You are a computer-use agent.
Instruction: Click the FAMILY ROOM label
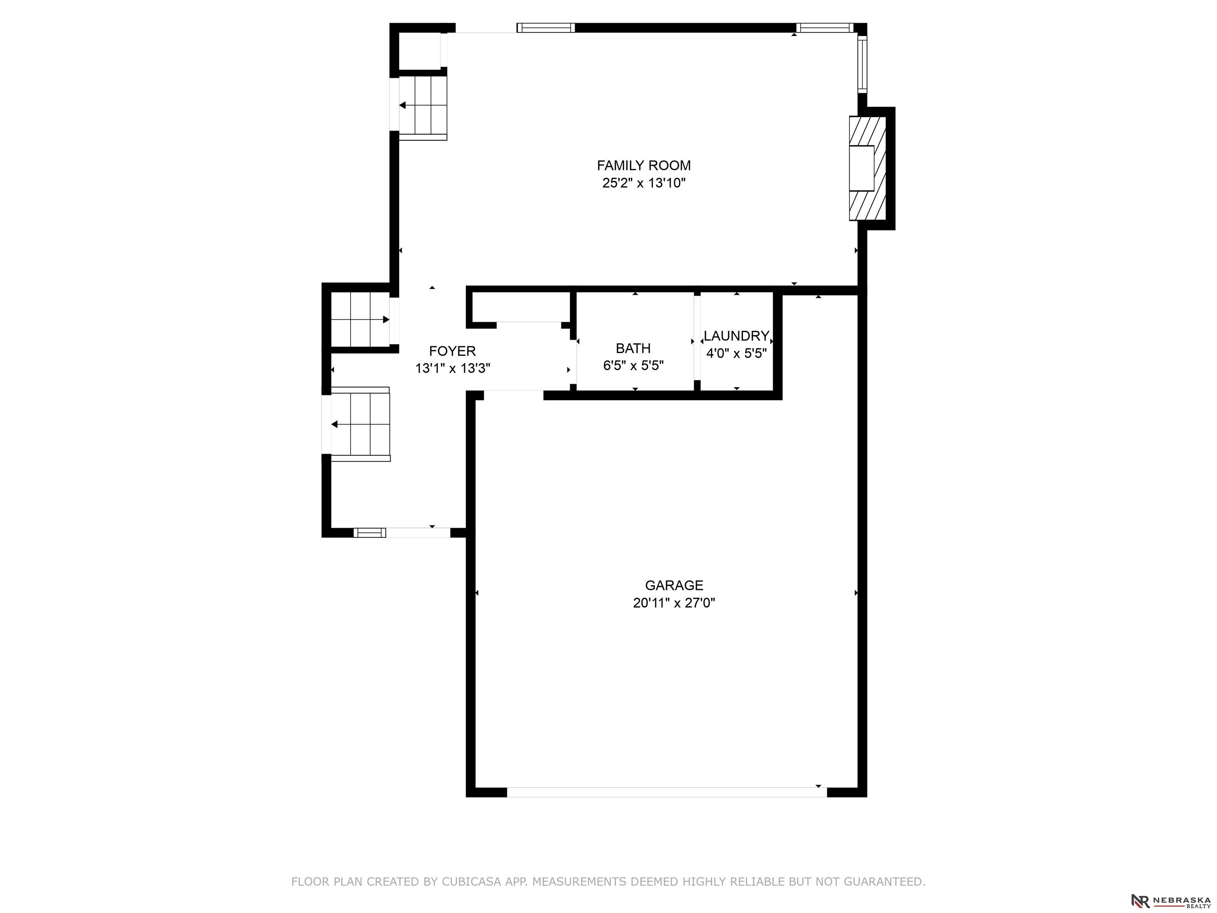pyautogui.click(x=644, y=165)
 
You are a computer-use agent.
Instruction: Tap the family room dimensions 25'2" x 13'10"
pyautogui.click(x=644, y=183)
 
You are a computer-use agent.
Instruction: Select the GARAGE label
pyautogui.click(x=674, y=585)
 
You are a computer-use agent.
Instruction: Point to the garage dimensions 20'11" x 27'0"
pyautogui.click(x=674, y=603)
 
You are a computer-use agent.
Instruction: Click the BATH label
pyautogui.click(x=633, y=348)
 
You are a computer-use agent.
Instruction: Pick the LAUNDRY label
pyautogui.click(x=736, y=336)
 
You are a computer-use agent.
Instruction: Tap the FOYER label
pyautogui.click(x=452, y=351)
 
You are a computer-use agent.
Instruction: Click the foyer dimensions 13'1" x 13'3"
pyautogui.click(x=452, y=368)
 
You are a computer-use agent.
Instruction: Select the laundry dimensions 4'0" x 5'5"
pyautogui.click(x=736, y=353)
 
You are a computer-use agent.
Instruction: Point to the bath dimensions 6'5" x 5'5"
pyautogui.click(x=633, y=365)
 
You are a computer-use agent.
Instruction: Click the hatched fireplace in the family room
pyautogui.click(x=868, y=168)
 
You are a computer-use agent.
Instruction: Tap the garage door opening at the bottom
pyautogui.click(x=667, y=792)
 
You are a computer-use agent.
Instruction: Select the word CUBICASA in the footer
pyautogui.click(x=471, y=882)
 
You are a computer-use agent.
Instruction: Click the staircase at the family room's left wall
pyautogui.click(x=423, y=108)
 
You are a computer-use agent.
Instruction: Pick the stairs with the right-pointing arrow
pyautogui.click(x=361, y=319)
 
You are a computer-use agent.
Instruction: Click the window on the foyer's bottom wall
pyautogui.click(x=369, y=532)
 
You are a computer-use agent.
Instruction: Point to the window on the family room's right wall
pyautogui.click(x=862, y=64)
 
